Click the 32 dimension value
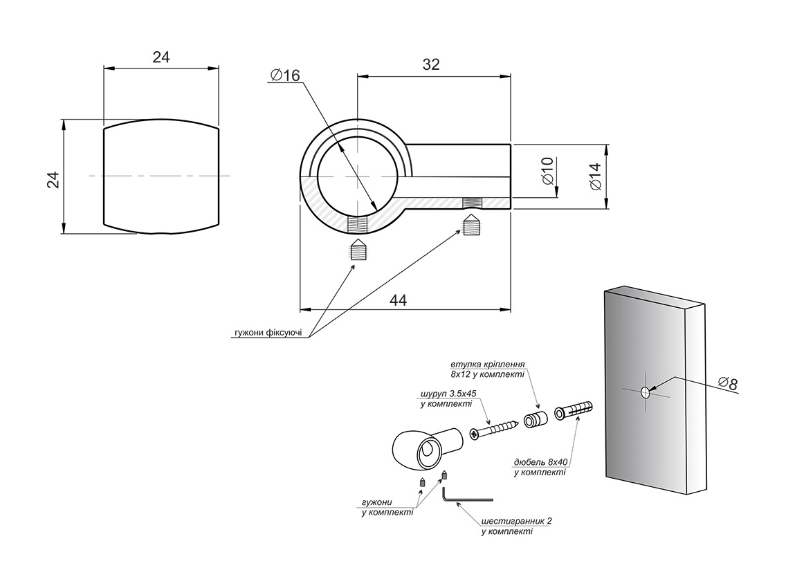tap(430, 64)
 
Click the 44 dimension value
tap(398, 300)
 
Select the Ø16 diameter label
tap(285, 75)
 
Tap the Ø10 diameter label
tap(547, 171)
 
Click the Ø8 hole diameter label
tap(727, 383)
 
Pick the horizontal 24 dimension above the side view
tap(161, 57)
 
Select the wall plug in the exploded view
tap(574, 410)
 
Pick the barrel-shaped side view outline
tap(161, 176)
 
